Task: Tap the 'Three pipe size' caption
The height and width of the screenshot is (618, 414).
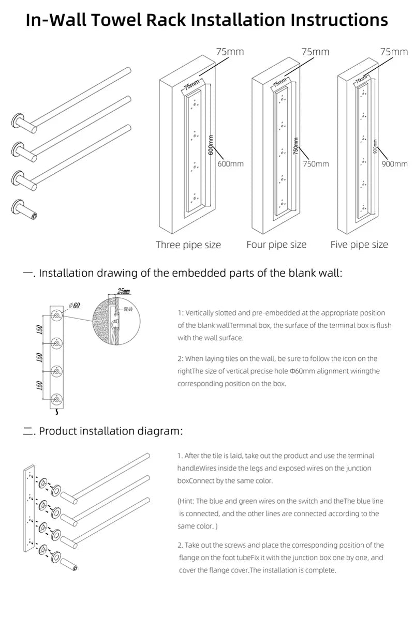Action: [x=188, y=245]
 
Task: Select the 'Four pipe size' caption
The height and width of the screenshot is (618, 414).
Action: [x=276, y=244]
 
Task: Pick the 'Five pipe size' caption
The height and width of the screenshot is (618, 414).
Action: [x=359, y=244]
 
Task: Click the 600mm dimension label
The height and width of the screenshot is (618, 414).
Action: [x=230, y=164]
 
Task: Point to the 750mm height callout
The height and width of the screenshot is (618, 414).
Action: [x=315, y=164]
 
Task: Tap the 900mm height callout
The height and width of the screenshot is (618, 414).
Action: [x=394, y=164]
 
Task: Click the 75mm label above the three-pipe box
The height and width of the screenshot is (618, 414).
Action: [x=230, y=52]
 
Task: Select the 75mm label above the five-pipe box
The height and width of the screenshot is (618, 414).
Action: [x=394, y=52]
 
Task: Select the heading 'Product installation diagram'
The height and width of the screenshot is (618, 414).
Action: [x=111, y=430]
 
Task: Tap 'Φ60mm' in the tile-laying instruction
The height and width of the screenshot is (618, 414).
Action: [x=300, y=371]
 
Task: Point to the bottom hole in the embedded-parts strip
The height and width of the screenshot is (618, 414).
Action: [x=57, y=398]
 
